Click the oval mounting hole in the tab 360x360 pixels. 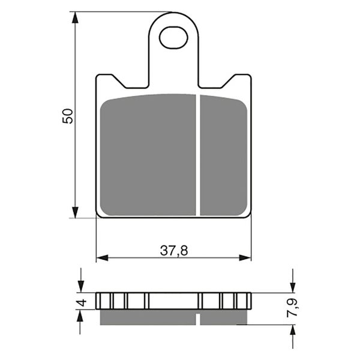pos(173,38)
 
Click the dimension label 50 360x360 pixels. pos(68,116)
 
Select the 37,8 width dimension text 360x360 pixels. pos(174,250)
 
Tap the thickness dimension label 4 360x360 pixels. pos(82,302)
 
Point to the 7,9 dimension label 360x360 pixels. pos(293,308)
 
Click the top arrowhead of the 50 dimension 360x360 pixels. pos(75,17)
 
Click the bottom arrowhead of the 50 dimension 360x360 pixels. pos(75,212)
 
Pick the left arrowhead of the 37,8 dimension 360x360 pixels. pos(102,257)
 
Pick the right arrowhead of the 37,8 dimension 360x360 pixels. pos(245,257)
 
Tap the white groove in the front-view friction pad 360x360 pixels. pos(198,155)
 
